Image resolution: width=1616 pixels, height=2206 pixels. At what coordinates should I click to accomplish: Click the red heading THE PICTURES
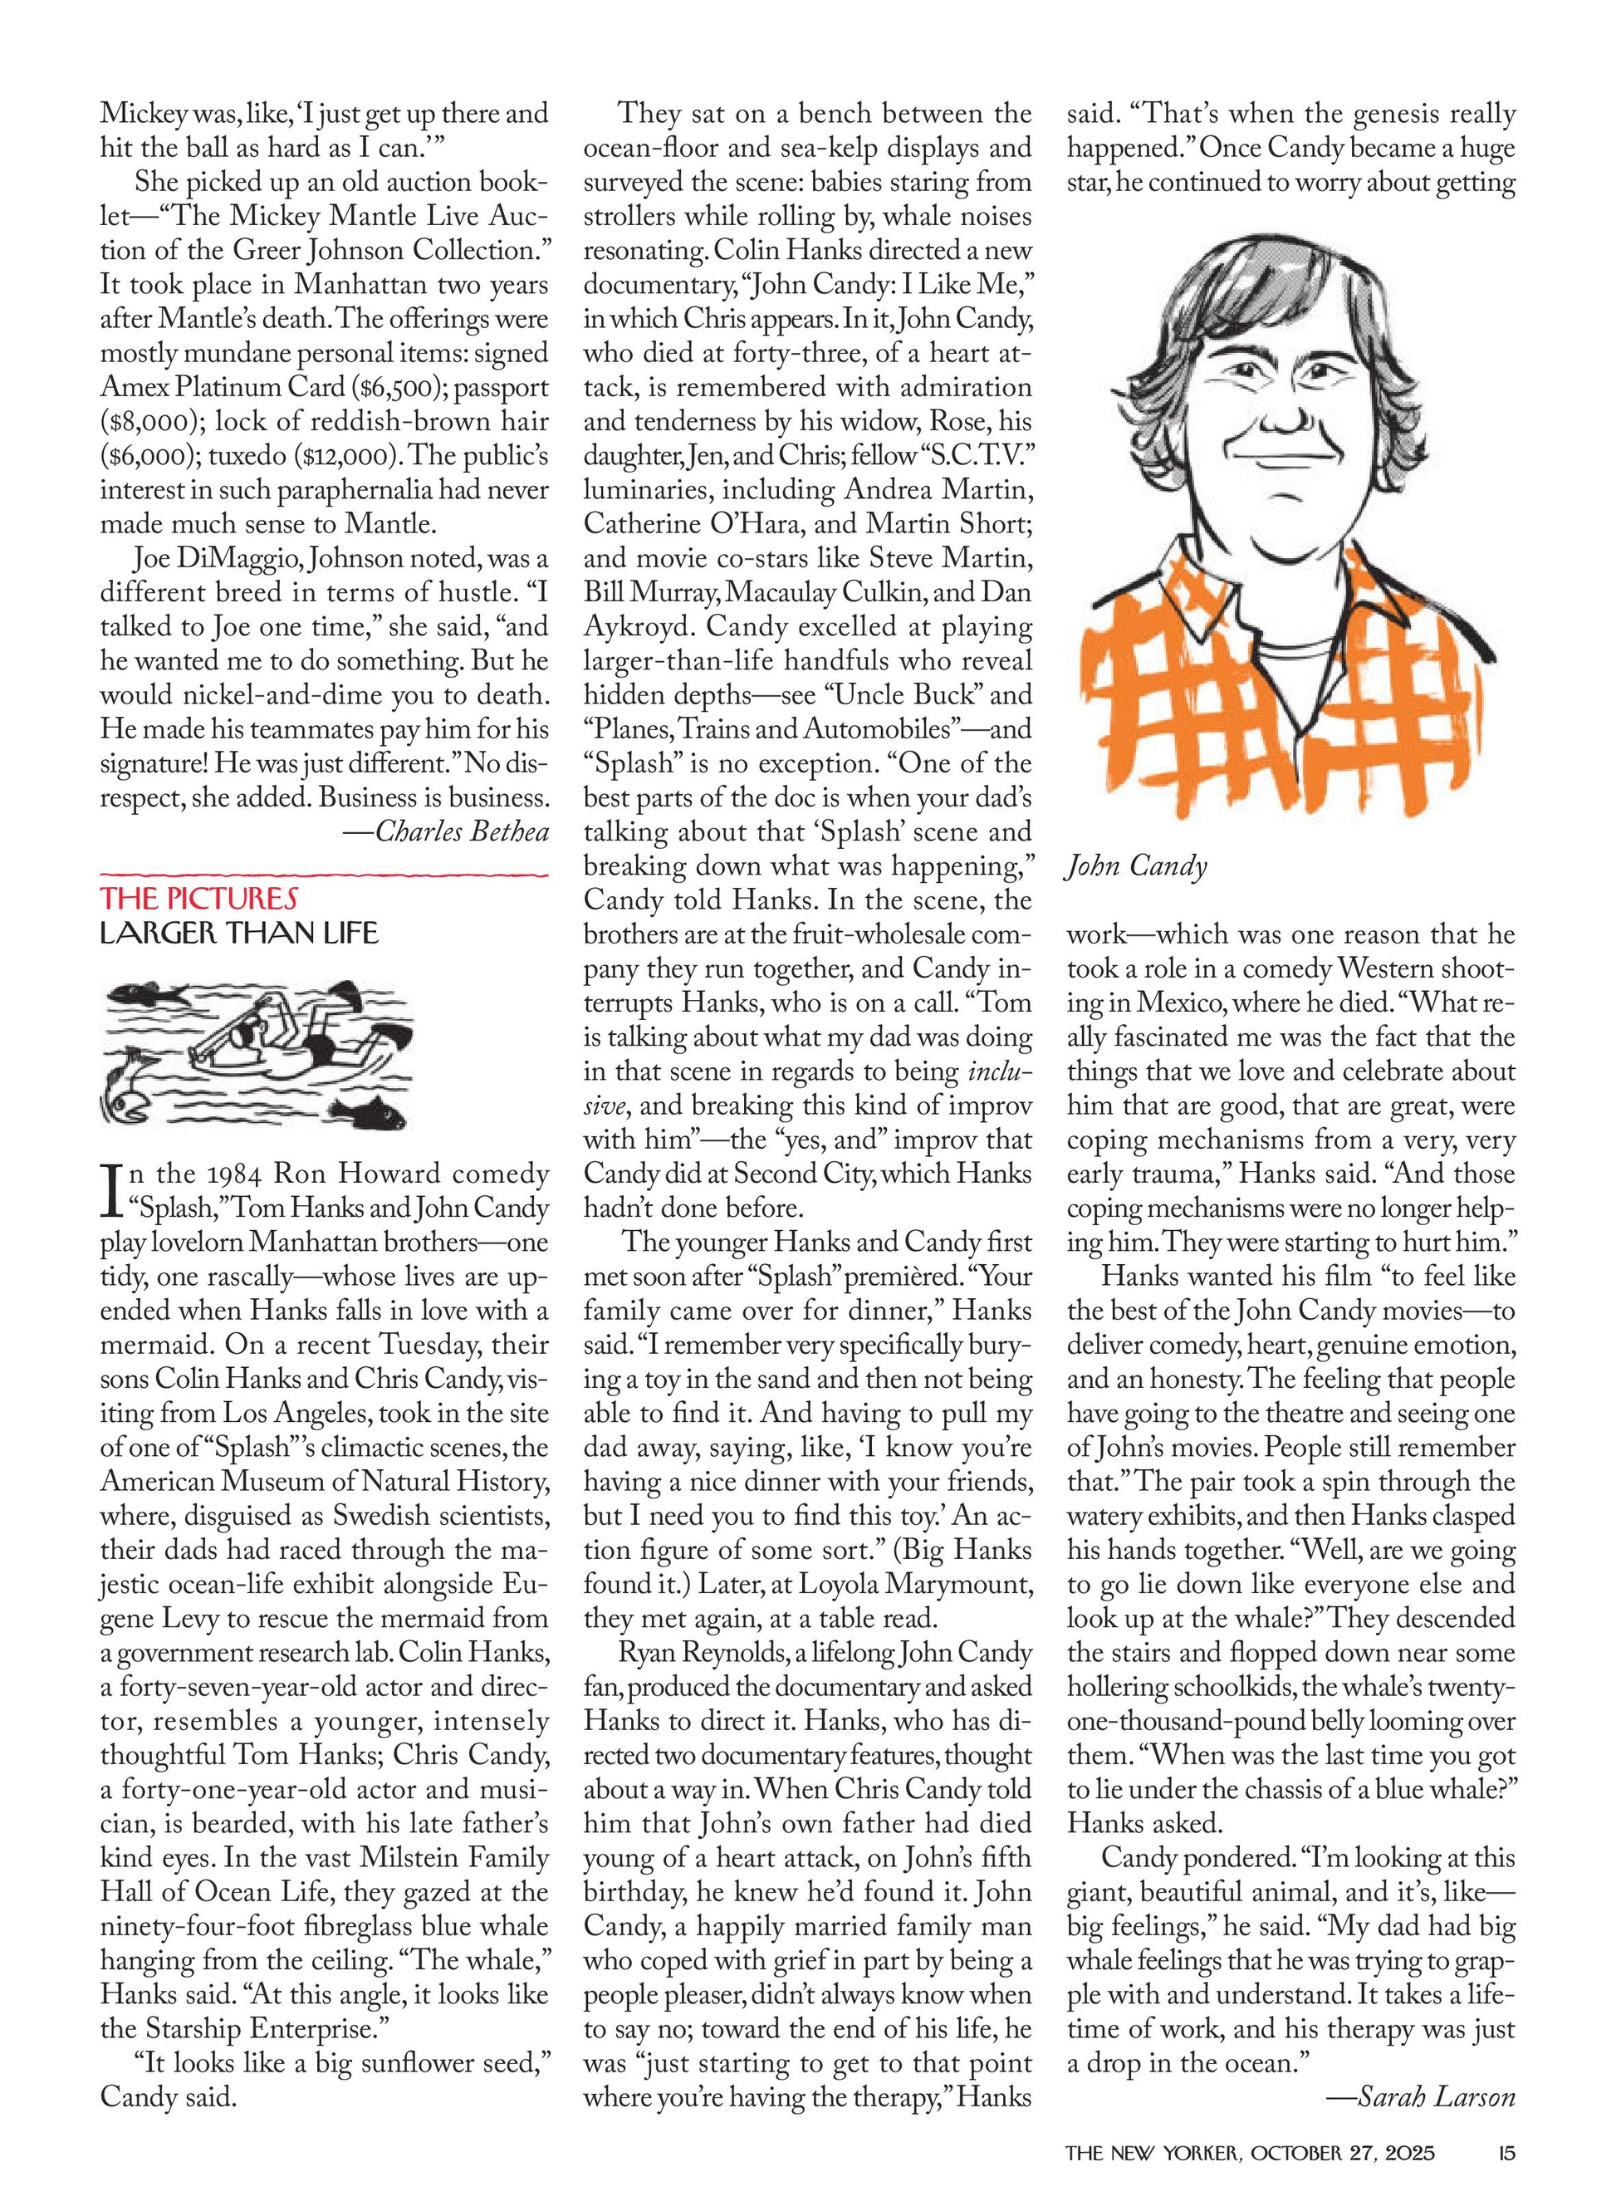pos(198,897)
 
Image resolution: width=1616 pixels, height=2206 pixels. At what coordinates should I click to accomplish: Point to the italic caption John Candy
pos(1137,867)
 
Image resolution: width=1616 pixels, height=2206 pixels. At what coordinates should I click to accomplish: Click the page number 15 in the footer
pos(1505,2152)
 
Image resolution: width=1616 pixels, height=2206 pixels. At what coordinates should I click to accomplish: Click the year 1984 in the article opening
pos(227,1173)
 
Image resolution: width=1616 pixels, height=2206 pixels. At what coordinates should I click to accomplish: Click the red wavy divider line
pos(324,873)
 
